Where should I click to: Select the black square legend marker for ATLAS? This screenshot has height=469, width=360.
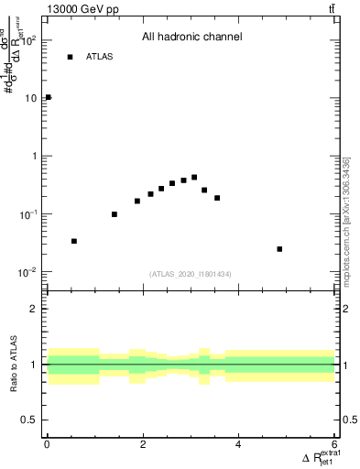tap(70, 57)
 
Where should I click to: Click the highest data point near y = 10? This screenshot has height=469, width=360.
tap(48, 97)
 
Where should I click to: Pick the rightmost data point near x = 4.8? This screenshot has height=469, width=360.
tap(279, 249)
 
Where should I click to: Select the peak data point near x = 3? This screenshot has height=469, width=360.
tap(194, 177)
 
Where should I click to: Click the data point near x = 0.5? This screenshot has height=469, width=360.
tap(74, 241)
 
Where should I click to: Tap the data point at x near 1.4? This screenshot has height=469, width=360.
tap(115, 214)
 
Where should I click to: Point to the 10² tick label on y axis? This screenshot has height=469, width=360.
tap(28, 40)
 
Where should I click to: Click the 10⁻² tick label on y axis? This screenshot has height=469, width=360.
tap(28, 272)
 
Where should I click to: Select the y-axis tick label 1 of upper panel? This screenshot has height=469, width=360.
tap(33, 156)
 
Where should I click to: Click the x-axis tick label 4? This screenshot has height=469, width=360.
tap(239, 445)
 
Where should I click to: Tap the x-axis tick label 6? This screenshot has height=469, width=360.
tap(334, 445)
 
